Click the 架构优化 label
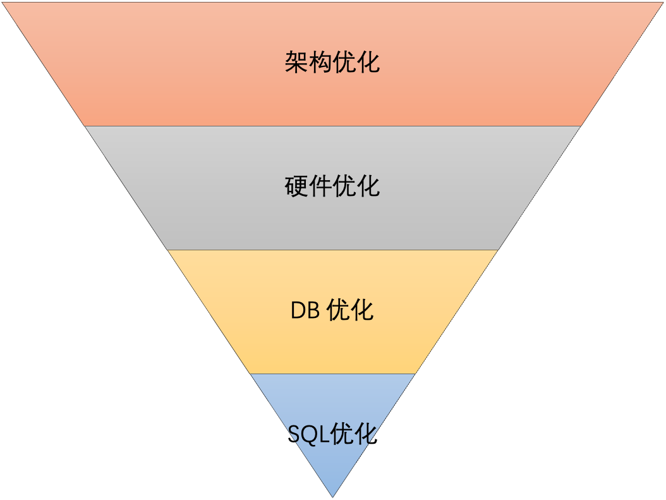332,63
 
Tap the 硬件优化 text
332,186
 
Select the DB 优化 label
332,310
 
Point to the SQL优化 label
332,434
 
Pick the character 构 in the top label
320,63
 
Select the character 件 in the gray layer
320,186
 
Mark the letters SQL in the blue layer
308,435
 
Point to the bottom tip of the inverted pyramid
332,496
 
